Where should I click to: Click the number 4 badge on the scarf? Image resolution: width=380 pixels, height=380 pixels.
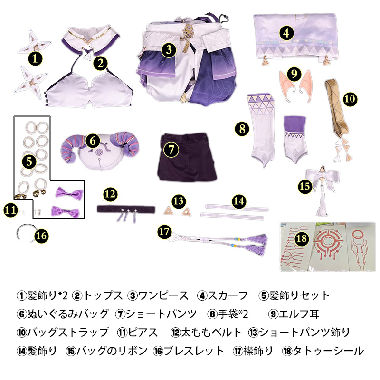click(x=286, y=33)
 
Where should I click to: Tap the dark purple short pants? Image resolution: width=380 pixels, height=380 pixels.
click(x=188, y=156)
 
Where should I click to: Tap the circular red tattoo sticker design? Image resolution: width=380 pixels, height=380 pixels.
click(x=328, y=245)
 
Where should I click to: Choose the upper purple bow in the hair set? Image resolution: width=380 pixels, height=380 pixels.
click(x=69, y=193)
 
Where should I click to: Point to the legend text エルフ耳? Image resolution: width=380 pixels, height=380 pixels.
click(x=298, y=314)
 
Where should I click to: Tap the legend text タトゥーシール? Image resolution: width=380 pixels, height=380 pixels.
click(x=328, y=351)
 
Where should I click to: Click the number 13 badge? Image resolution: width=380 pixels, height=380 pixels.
click(x=179, y=200)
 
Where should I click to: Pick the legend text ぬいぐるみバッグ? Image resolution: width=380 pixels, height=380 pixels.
click(x=67, y=314)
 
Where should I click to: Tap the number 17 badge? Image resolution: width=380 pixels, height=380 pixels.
click(x=164, y=231)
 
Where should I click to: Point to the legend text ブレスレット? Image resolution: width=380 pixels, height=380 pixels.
click(x=193, y=351)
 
